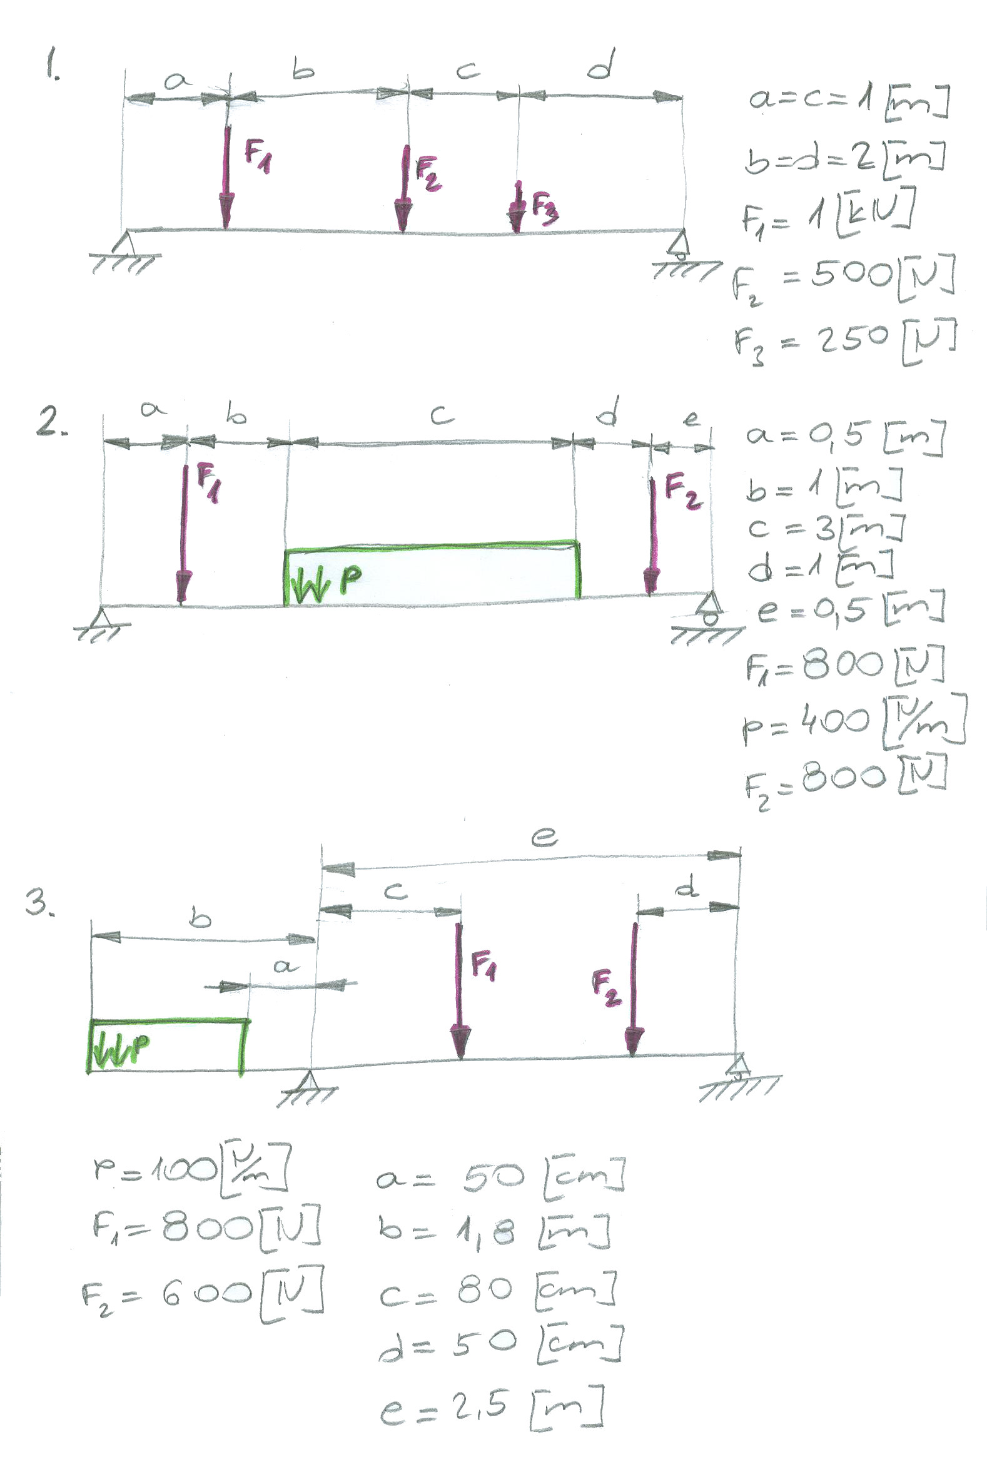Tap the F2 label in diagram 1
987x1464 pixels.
tap(428, 173)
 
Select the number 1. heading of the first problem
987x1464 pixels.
tap(52, 66)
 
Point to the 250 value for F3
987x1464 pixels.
tap(853, 339)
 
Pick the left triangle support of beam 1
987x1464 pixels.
tap(125, 243)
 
